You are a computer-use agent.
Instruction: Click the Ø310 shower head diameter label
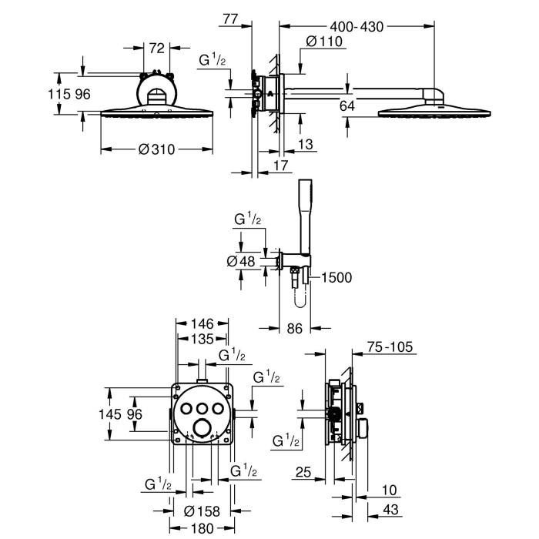(x=156, y=149)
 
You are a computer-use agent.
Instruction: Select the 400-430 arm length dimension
(x=357, y=27)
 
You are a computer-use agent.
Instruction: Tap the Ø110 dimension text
(x=324, y=42)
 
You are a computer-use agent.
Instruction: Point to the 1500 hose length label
(x=336, y=277)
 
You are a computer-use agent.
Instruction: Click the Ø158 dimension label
(x=202, y=511)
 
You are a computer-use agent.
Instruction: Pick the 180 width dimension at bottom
(x=202, y=529)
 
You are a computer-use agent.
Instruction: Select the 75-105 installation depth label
(x=390, y=346)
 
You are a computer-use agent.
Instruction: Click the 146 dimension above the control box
(x=202, y=324)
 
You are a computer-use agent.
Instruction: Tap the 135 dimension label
(x=202, y=339)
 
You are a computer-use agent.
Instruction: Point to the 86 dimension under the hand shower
(x=295, y=329)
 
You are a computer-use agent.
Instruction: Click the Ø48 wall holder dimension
(x=241, y=262)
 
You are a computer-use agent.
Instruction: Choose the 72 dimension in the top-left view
(x=157, y=48)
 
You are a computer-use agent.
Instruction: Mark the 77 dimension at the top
(x=230, y=19)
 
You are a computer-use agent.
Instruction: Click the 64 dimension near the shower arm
(x=346, y=106)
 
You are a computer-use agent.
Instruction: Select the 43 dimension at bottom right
(x=391, y=510)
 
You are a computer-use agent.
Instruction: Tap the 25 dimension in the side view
(x=303, y=472)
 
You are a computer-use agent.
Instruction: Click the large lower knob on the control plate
(x=202, y=428)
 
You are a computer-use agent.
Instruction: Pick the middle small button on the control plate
(x=202, y=408)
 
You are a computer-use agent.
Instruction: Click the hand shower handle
(x=305, y=217)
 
